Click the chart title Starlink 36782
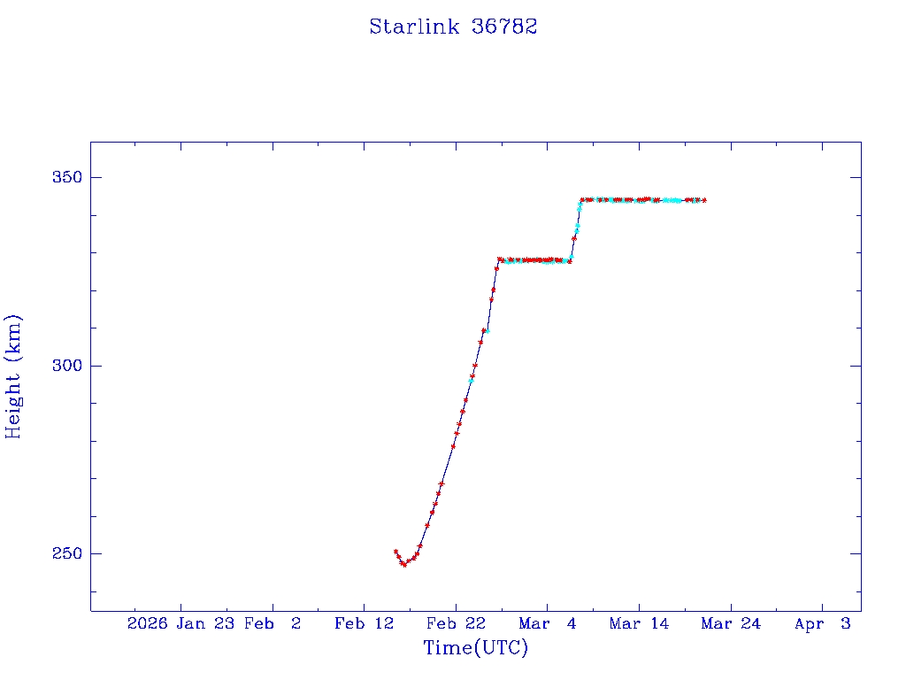click(453, 27)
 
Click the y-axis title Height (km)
click(14, 376)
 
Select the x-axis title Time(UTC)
click(475, 648)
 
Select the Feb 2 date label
click(273, 623)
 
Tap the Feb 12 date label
click(364, 623)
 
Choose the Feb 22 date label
click(456, 623)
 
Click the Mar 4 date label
click(548, 623)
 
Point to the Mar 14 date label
click(639, 623)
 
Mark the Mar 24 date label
click(731, 623)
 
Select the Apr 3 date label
click(822, 623)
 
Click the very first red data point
click(395, 552)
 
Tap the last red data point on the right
click(704, 200)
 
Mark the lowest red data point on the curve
click(404, 564)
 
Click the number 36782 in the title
click(505, 27)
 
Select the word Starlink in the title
click(414, 27)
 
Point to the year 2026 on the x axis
click(147, 623)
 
